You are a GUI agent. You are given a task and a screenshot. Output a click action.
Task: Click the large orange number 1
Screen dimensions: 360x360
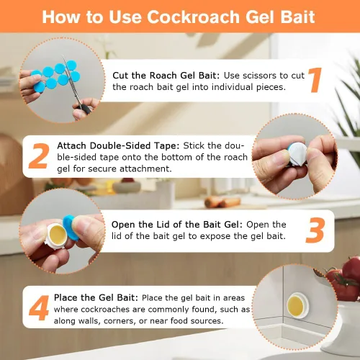click(x=315, y=80)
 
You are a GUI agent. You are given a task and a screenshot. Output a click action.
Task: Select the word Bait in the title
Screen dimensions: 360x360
click(x=295, y=17)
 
